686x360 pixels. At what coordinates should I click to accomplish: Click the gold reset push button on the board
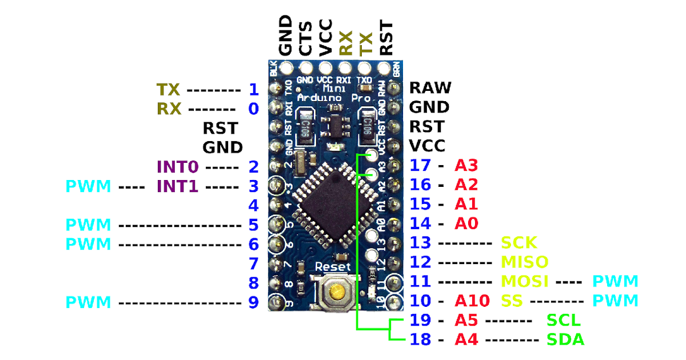[x=335, y=293]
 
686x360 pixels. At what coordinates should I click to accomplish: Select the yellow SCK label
[x=519, y=243]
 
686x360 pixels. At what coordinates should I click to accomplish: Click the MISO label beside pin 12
[x=524, y=262]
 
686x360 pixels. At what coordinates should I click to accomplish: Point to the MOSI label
[x=525, y=281]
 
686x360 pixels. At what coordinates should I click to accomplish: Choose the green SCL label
[x=564, y=320]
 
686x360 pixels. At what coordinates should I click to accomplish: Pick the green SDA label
[x=565, y=339]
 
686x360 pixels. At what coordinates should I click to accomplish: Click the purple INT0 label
[x=177, y=167]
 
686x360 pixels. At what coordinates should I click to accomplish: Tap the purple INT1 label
[x=177, y=186]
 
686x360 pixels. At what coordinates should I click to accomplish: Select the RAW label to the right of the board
[x=430, y=88]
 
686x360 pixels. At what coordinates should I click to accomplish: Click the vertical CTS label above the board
[x=306, y=38]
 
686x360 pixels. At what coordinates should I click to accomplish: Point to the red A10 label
[x=472, y=301]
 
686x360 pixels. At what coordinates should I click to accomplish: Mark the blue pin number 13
[x=420, y=243]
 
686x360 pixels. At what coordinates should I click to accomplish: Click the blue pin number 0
[x=253, y=109]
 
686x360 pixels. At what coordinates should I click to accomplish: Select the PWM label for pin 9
[x=88, y=302]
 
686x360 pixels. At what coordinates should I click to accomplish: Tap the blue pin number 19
[x=420, y=320]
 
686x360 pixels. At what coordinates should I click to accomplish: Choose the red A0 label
[x=466, y=223]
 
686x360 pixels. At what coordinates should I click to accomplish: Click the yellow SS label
[x=511, y=301]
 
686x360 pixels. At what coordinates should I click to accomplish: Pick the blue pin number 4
[x=253, y=205]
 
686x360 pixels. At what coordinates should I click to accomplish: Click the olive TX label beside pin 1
[x=168, y=89]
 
